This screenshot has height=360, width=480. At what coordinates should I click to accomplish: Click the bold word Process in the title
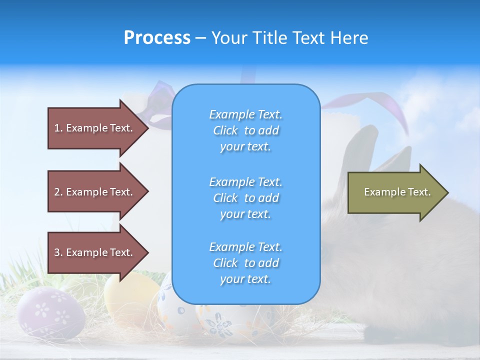point(157,38)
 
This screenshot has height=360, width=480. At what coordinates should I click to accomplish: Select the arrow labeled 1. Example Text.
point(95,128)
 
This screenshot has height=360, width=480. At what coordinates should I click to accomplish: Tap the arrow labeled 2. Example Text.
point(95,192)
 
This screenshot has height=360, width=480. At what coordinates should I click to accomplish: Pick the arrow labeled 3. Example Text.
point(95,252)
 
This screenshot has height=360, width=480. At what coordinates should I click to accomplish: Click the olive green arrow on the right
point(395,192)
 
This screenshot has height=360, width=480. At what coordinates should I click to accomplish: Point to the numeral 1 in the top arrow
point(57,128)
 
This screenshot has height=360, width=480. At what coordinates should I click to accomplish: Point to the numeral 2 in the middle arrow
point(57,192)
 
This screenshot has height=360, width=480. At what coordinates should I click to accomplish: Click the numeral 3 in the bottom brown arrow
point(57,252)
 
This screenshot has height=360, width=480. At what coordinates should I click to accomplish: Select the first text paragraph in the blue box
point(245,130)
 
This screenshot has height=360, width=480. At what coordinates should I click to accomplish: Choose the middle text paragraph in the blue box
point(245,198)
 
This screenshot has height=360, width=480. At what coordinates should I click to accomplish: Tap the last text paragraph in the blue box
point(245,263)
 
